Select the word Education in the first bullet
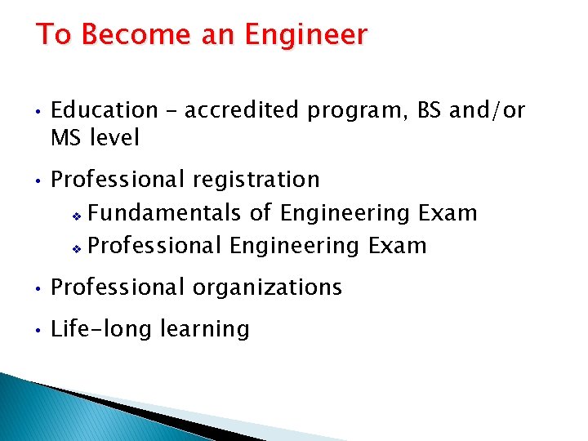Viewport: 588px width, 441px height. [x=105, y=110]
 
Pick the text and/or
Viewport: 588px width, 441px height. [x=488, y=110]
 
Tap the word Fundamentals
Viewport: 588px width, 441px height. [x=163, y=213]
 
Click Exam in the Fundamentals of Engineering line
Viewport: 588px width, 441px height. [x=447, y=213]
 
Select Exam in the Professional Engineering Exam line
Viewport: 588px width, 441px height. [x=397, y=245]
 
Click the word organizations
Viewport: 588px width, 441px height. [x=267, y=287]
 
